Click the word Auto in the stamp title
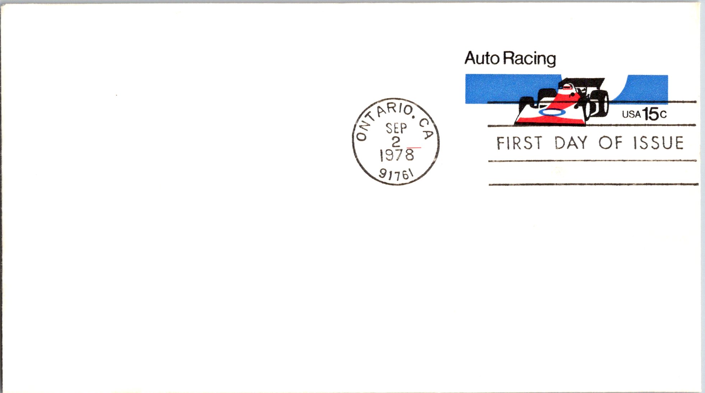click(482, 58)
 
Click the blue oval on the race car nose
click(552, 112)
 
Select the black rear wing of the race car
click(582, 82)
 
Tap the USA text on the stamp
click(631, 115)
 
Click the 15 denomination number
click(651, 114)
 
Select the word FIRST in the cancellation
click(519, 143)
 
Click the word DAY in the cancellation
click(571, 143)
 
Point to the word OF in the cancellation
click(610, 143)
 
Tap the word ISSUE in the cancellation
click(659, 143)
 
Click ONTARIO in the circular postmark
click(381, 119)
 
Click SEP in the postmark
click(396, 128)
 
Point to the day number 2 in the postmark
click(396, 142)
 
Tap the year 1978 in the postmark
click(397, 155)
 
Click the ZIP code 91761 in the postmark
click(396, 174)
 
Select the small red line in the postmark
click(414, 148)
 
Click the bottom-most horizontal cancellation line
click(594, 184)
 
